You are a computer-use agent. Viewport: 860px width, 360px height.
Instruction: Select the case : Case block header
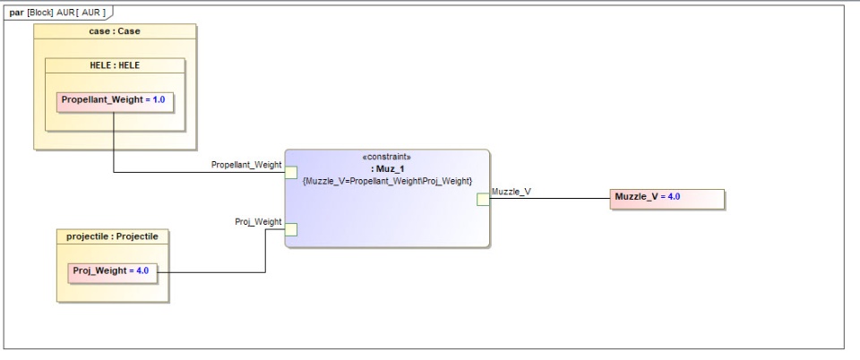tap(115, 31)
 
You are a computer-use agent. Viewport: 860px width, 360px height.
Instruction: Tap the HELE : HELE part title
tap(115, 65)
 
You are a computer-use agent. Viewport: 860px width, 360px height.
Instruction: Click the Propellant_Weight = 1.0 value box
tap(115, 100)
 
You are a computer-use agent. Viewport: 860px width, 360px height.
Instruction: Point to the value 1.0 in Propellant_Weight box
tap(159, 100)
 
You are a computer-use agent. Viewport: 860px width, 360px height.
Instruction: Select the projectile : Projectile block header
tap(112, 236)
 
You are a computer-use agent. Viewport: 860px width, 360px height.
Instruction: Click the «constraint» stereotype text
tap(387, 157)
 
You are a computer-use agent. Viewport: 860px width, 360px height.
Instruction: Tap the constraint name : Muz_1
tap(387, 168)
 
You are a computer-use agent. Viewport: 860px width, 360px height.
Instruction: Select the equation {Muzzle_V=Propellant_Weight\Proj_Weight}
tap(387, 181)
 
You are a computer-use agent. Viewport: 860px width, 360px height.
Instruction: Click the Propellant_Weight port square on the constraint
tap(291, 173)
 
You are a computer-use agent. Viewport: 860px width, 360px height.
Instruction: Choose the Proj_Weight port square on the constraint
tap(291, 229)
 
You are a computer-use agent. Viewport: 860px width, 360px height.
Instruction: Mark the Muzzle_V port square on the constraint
tap(484, 199)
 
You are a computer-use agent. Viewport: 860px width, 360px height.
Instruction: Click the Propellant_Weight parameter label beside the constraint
tap(246, 165)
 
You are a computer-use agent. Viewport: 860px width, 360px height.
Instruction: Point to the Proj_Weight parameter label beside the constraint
tap(258, 221)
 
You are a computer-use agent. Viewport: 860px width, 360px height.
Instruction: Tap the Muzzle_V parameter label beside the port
tap(512, 191)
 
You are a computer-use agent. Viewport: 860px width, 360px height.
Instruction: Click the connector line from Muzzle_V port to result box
tap(555, 198)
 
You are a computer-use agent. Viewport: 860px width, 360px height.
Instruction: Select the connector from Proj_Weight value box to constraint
tap(215, 271)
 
